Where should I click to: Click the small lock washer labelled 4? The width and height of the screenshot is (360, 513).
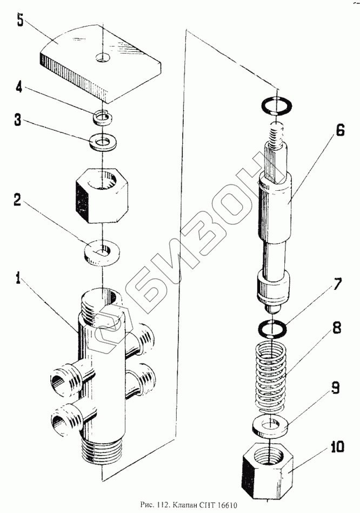[x=102, y=115]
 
